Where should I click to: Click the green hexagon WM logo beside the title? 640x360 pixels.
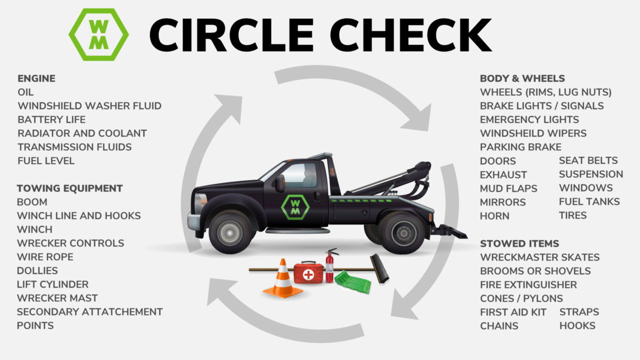pyautogui.click(x=98, y=34)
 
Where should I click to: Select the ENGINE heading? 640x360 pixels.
pyautogui.click(x=36, y=78)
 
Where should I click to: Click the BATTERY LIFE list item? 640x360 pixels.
pyautogui.click(x=51, y=119)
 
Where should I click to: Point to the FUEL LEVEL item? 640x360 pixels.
pyautogui.click(x=46, y=160)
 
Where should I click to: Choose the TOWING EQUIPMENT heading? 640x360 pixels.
pyautogui.click(x=69, y=188)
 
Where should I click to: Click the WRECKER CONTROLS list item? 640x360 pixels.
pyautogui.click(x=70, y=243)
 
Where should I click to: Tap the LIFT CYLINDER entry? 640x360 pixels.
pyautogui.click(x=52, y=284)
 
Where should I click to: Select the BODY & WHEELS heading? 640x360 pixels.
pyautogui.click(x=522, y=78)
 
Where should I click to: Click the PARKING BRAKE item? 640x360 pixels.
pyautogui.click(x=520, y=147)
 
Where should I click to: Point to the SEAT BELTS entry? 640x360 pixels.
pyautogui.click(x=588, y=160)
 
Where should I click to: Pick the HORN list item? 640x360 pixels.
pyautogui.click(x=494, y=216)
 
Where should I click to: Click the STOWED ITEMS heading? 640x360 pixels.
pyautogui.click(x=519, y=243)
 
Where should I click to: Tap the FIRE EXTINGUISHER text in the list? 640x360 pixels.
pyautogui.click(x=528, y=284)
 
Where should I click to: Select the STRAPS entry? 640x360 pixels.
pyautogui.click(x=579, y=312)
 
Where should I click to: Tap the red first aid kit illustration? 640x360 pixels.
pyautogui.click(x=308, y=273)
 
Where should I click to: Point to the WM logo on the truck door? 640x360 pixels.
pyautogui.click(x=295, y=206)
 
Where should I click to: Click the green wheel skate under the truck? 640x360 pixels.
pyautogui.click(x=353, y=283)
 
